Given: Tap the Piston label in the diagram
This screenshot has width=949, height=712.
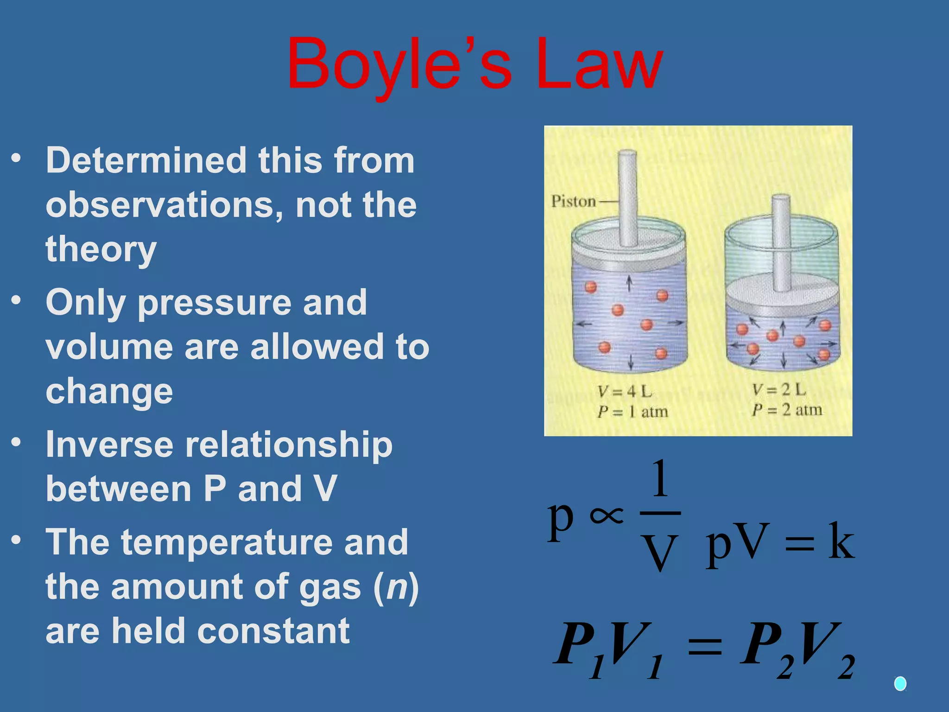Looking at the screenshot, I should coord(573,201).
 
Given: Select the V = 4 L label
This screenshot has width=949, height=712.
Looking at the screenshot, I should coord(625,392).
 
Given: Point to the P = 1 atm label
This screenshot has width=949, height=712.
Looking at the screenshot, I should coord(633,412).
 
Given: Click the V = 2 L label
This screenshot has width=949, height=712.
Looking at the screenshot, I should coord(779,390).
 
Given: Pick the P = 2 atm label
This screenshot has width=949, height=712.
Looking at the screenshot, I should coord(787,410).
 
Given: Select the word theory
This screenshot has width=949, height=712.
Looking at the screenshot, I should coord(101,250).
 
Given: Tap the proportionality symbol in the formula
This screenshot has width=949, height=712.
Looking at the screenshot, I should coord(606,515).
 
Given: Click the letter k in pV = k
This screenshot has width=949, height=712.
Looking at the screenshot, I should coord(841,541).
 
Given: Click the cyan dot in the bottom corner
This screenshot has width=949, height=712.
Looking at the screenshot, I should coord(900,683).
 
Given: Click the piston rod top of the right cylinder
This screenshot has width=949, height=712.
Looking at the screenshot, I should coord(781,198).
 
